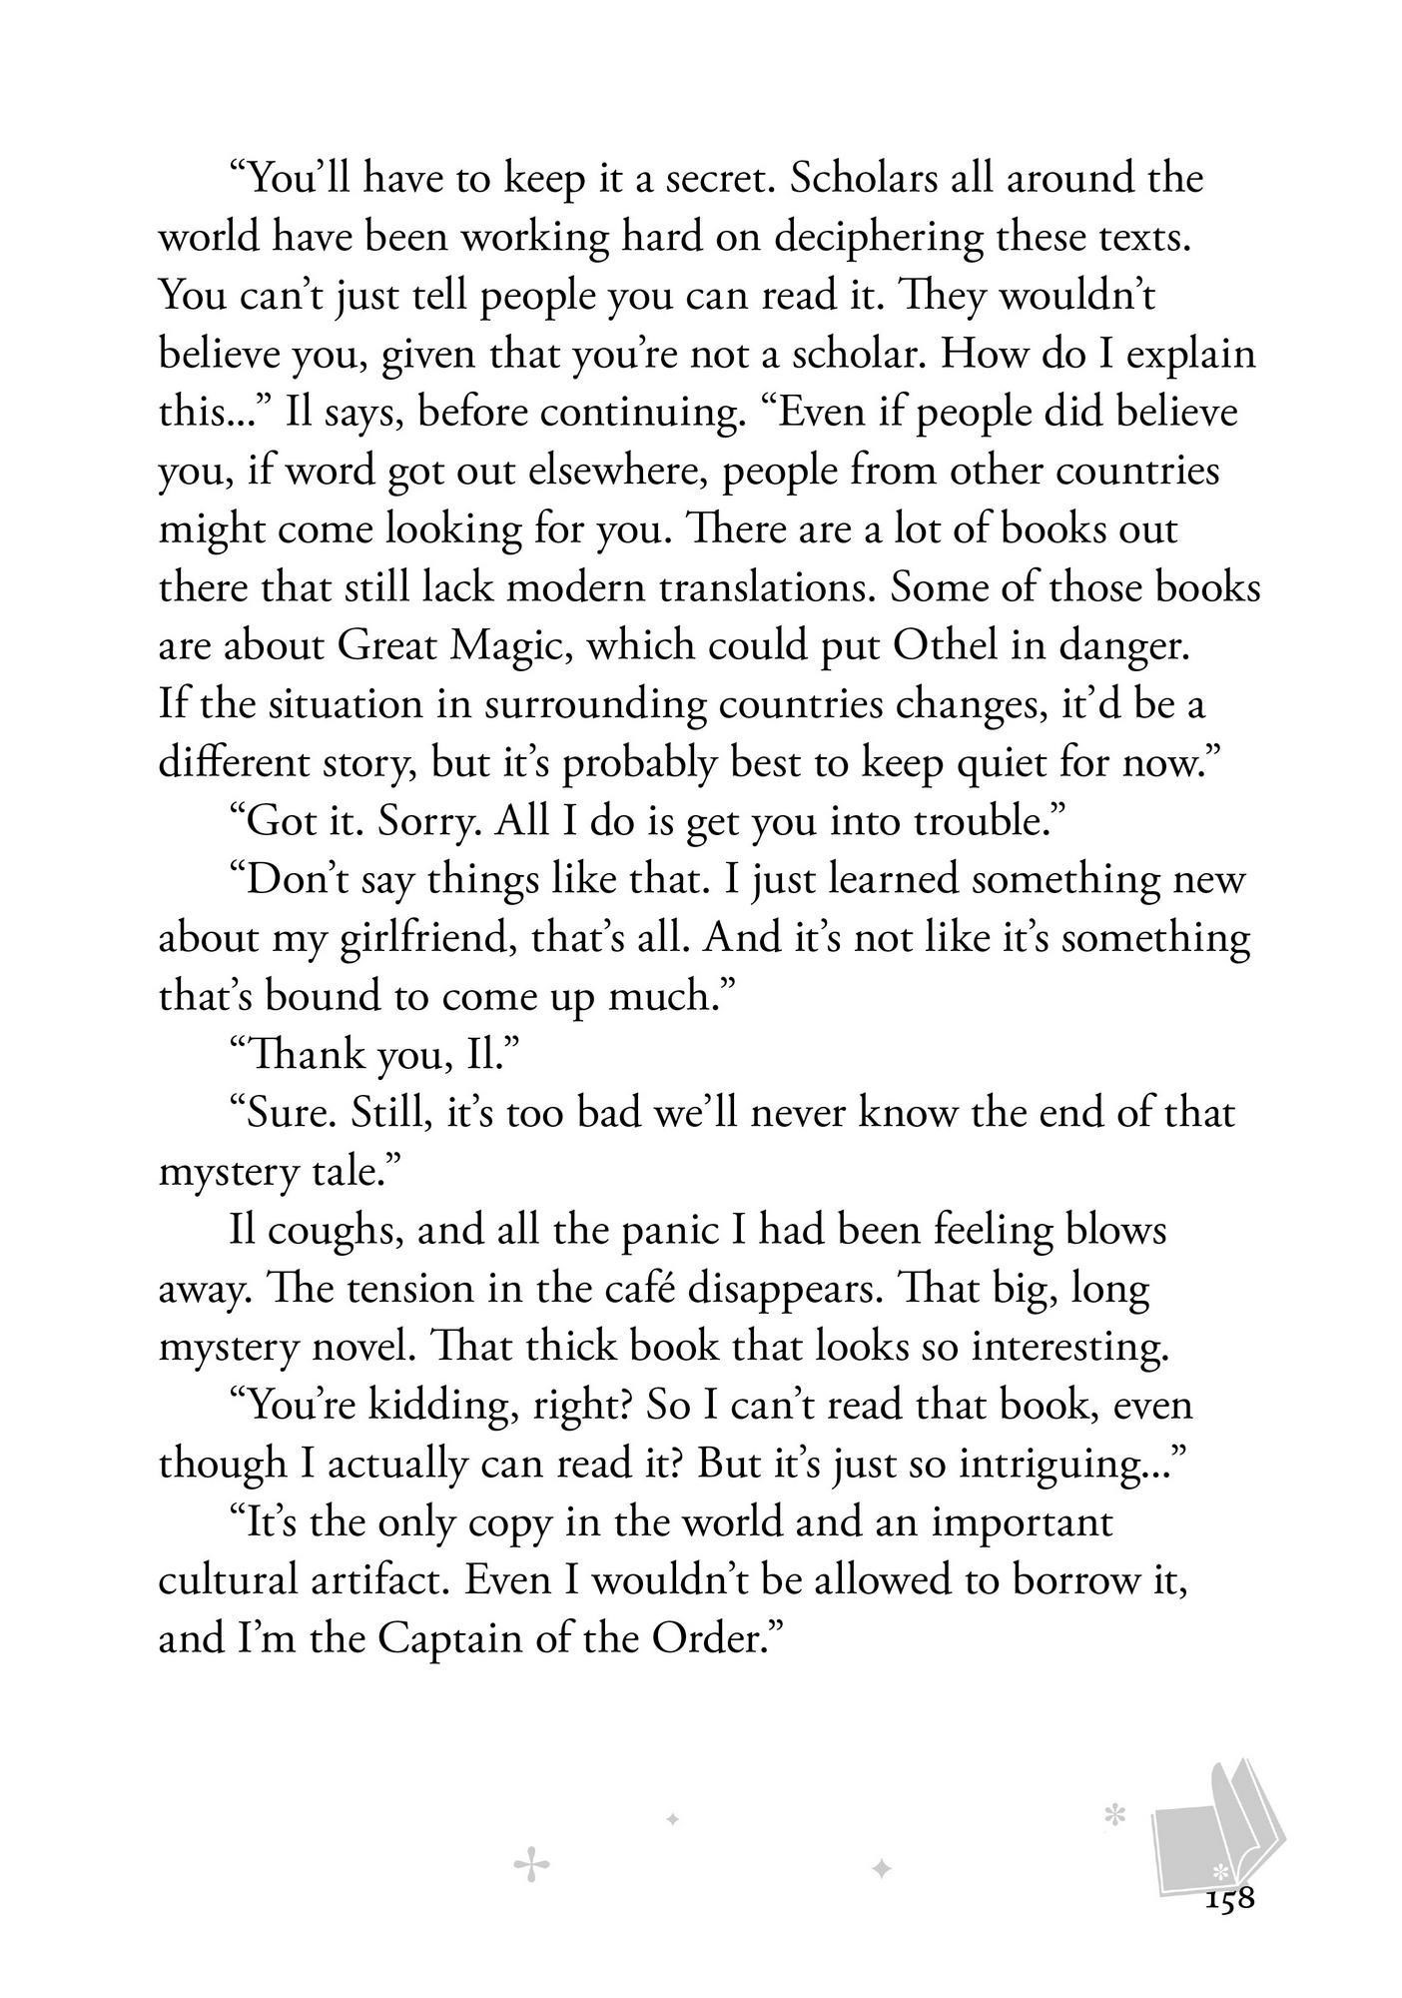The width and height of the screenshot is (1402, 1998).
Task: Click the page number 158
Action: (1228, 1898)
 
